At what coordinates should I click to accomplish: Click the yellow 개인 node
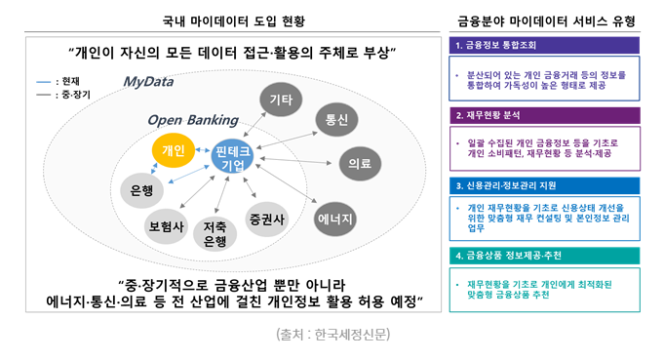point(174,150)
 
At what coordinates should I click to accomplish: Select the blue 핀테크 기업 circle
point(232,156)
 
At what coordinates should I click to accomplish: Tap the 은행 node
point(141,190)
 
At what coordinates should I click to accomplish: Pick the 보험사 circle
point(166,226)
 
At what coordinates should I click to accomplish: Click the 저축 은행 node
point(215,234)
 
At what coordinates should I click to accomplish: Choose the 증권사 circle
point(267,219)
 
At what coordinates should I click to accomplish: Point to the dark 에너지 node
point(335,219)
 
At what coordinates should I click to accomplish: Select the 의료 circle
point(360,164)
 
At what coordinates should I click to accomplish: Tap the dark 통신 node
point(336,119)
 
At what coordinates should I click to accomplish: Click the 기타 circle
point(281,100)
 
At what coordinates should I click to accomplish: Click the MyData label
point(148,82)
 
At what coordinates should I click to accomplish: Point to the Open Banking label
point(193,120)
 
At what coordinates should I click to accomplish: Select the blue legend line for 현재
point(44,82)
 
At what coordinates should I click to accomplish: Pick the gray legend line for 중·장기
point(44,95)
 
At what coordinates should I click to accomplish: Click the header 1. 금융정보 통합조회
point(544,45)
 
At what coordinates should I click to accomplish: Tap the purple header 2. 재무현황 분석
point(545,115)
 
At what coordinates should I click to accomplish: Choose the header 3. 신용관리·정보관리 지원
point(545,185)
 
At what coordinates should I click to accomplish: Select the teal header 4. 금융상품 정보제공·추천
point(545,256)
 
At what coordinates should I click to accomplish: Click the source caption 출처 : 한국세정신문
point(332,335)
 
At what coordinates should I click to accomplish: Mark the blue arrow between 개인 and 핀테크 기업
point(203,150)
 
